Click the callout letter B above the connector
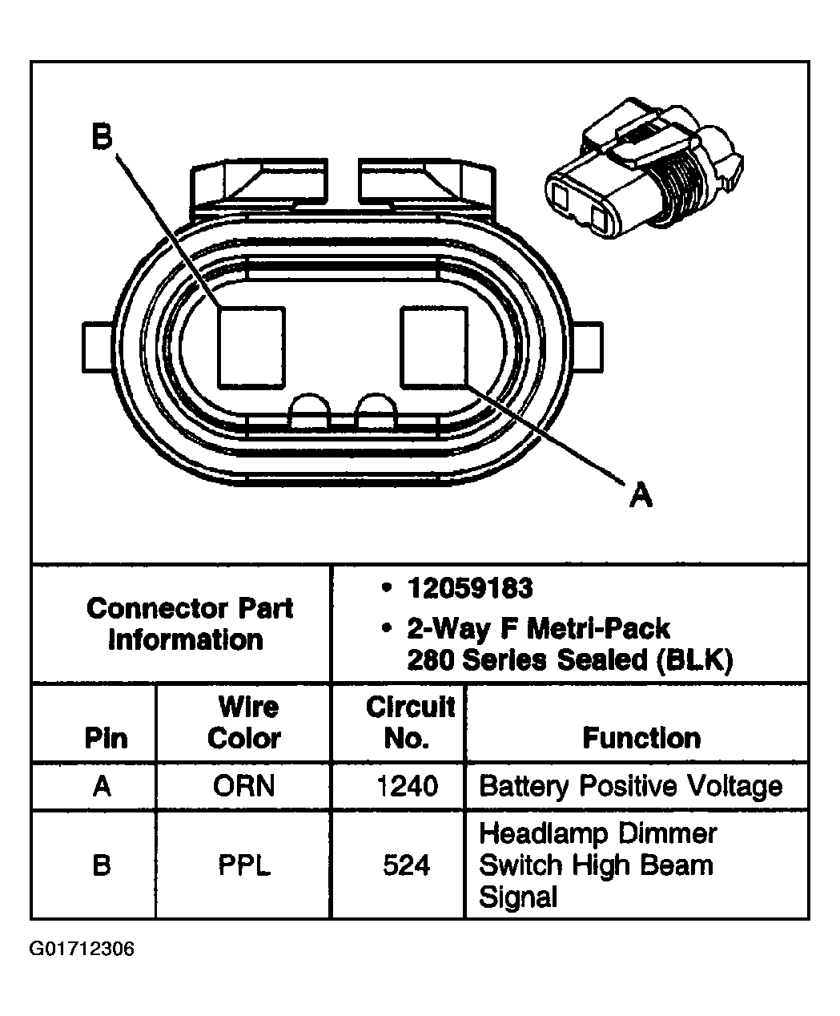pos(101,137)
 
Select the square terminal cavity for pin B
pos(251,345)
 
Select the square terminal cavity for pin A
pos(433,347)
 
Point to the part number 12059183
pos(469,589)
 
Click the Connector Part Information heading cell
pos(189,623)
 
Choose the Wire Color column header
pos(244,722)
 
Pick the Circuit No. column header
pos(408,722)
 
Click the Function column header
pos(641,737)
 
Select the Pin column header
pos(106,737)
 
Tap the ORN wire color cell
pos(244,786)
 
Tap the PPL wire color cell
pos(244,865)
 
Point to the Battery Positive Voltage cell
pos(630,786)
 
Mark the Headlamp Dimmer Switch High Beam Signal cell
pos(597,865)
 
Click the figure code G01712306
pos(82,949)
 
